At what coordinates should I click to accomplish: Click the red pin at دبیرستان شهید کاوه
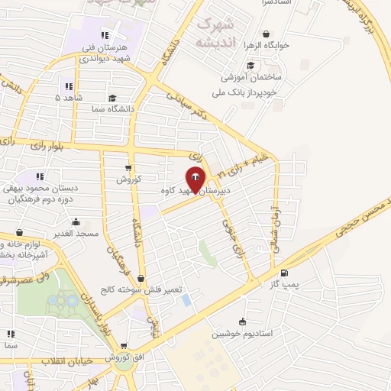(195, 179)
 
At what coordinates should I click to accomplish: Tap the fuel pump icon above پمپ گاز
(285, 273)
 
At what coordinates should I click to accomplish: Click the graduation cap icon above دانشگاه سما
(112, 98)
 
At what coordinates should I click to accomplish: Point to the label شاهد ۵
(69, 98)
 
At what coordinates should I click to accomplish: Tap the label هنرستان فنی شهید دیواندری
(108, 53)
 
